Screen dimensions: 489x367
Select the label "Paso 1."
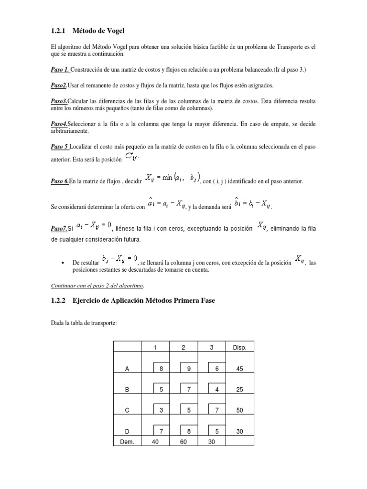pyautogui.click(x=60, y=70)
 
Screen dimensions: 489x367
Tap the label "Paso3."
pyautogui.click(x=59, y=102)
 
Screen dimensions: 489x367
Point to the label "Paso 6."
pyautogui.click(x=60, y=181)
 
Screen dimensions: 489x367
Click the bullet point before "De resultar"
pyautogui.click(x=64, y=263)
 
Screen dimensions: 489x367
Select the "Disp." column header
pyautogui.click(x=239, y=348)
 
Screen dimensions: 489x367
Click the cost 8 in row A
pyautogui.click(x=162, y=369)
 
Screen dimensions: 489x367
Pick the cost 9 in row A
pyautogui.click(x=189, y=369)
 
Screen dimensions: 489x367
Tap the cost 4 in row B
pyautogui.click(x=217, y=389)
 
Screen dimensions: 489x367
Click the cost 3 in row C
pyautogui.click(x=162, y=410)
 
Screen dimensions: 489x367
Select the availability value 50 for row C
pyautogui.click(x=239, y=410)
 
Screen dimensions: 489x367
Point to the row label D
pyautogui.click(x=127, y=431)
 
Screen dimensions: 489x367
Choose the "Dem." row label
pyautogui.click(x=127, y=442)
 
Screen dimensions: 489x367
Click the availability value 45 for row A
pyautogui.click(x=239, y=369)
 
